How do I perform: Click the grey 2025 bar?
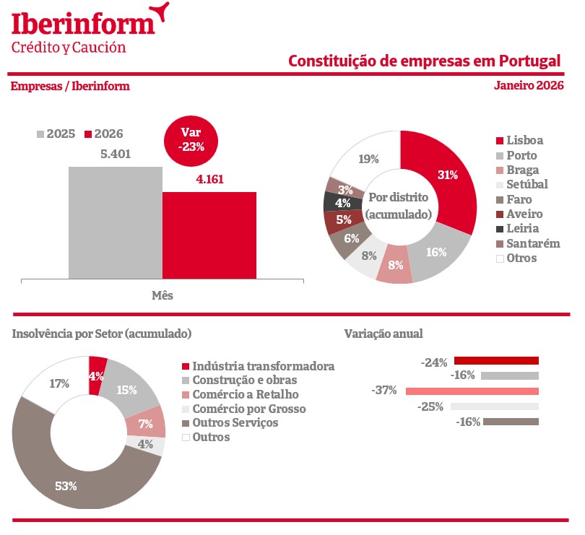tap(116, 222)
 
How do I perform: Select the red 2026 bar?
tap(209, 235)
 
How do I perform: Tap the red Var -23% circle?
tap(191, 139)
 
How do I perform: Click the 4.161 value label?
tap(210, 178)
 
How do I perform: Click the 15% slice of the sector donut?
tap(127, 390)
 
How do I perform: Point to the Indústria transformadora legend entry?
tap(257, 367)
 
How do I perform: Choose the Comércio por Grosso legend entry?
tap(243, 409)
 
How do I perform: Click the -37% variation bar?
tap(472, 391)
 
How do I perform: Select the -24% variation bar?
tap(496, 361)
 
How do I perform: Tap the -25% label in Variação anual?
tap(430, 407)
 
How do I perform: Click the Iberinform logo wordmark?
tap(83, 23)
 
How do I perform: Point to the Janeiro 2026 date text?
tap(529, 85)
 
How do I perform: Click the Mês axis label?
tap(162, 295)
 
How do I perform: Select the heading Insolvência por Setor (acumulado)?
tap(102, 334)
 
